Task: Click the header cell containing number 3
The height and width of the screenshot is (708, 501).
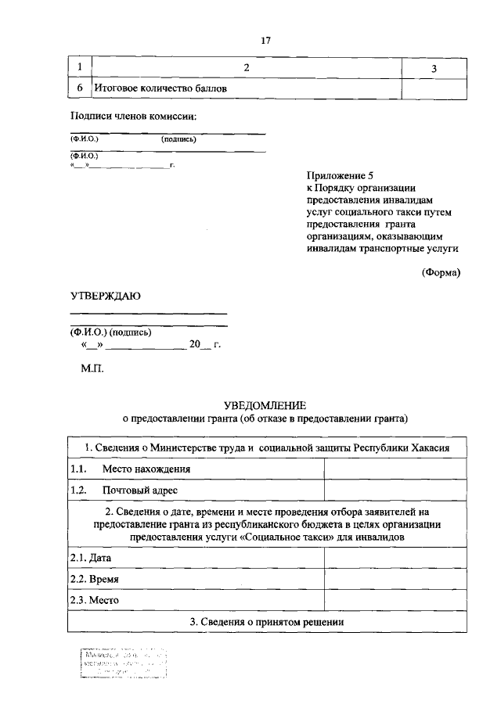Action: pyautogui.click(x=434, y=69)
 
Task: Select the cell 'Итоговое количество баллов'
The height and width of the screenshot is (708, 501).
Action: pyautogui.click(x=160, y=89)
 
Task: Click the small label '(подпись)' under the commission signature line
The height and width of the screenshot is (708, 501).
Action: pyautogui.click(x=178, y=139)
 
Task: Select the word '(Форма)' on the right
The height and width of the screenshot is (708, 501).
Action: pyautogui.click(x=441, y=272)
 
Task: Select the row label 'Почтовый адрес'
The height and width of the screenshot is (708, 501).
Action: pyautogui.click(x=140, y=490)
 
